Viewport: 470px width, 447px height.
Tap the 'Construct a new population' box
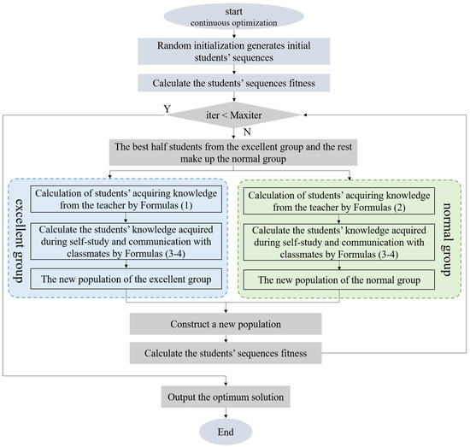tap(226, 325)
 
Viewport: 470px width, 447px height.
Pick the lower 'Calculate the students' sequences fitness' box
tap(226, 352)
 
